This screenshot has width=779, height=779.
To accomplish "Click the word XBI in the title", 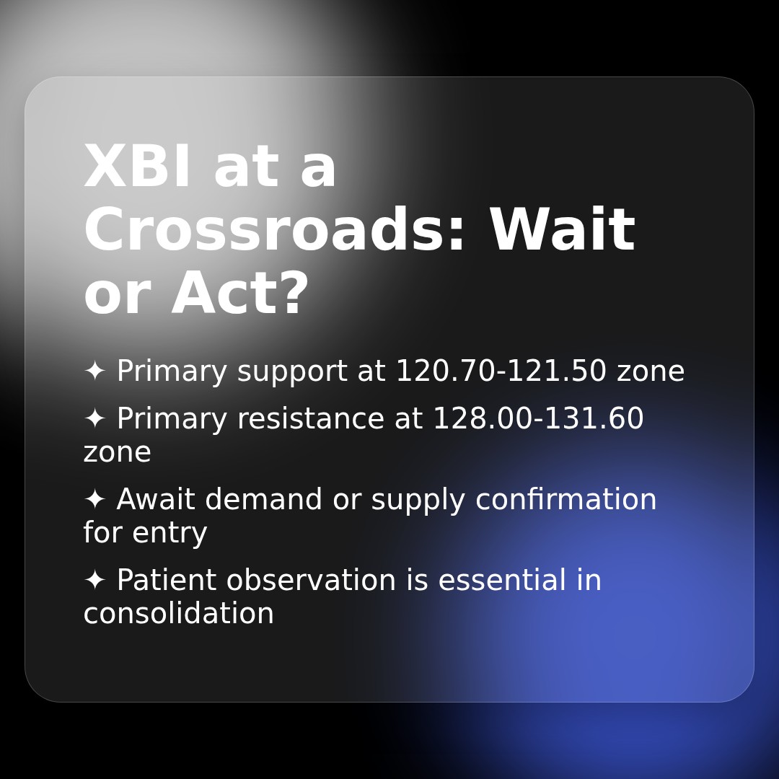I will pos(138,167).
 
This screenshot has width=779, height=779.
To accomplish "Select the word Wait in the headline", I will pos(562,231).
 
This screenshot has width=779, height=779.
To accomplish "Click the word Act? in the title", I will pos(239,294).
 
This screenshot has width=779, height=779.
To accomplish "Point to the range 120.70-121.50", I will pos(501,371).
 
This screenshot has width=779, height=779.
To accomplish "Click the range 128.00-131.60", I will pos(537,419).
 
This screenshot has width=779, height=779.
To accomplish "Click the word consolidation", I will pos(178,614).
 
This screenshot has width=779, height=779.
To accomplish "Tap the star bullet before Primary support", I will pos(94,371).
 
